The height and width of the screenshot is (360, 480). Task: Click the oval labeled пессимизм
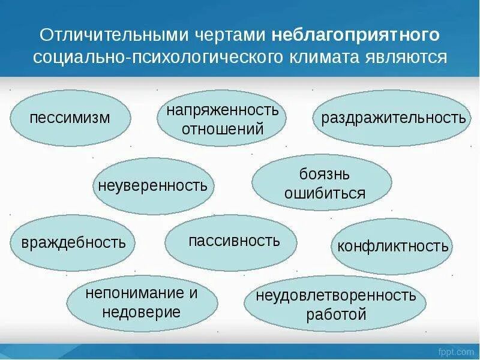(71, 118)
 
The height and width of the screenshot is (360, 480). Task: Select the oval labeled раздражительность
(394, 118)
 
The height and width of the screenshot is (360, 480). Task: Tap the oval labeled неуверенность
(154, 185)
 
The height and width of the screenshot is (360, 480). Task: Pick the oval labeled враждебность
(73, 242)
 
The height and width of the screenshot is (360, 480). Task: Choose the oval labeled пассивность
(231, 241)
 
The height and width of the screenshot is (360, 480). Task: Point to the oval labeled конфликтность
(392, 246)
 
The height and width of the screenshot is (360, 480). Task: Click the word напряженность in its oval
(223, 110)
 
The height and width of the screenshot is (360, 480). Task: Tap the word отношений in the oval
(223, 128)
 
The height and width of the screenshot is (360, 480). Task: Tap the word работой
(335, 313)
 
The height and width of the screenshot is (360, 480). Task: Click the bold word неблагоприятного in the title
(355, 35)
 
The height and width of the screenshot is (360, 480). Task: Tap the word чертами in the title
(225, 35)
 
